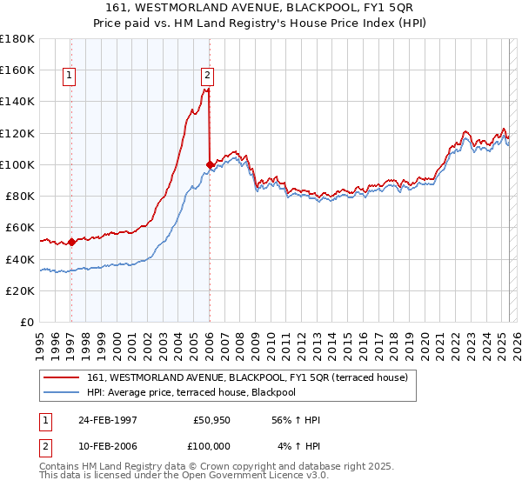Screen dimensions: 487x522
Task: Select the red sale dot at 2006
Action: click(210, 163)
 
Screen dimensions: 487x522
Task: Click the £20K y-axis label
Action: click(20, 290)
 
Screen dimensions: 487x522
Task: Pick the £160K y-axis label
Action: click(17, 70)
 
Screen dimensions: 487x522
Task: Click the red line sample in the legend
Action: click(63, 377)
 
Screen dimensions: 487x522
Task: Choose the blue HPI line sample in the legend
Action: click(63, 392)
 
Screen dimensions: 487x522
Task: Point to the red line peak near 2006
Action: click(207, 89)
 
